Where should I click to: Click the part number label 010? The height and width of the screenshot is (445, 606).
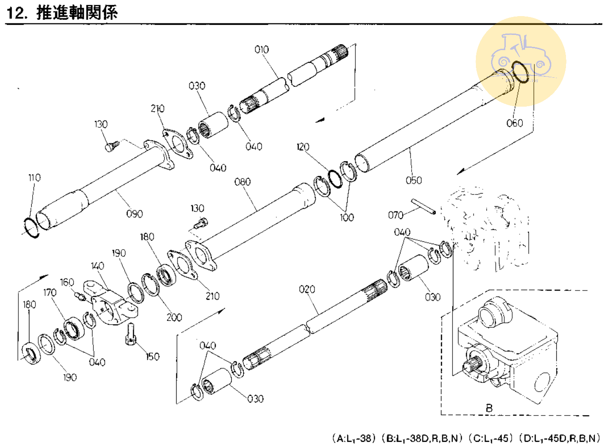coord(262,50)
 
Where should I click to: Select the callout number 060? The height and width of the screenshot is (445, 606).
coord(515,123)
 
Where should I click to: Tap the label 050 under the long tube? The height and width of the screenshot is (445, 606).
coord(413,180)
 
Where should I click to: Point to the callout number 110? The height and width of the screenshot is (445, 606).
coord(34,177)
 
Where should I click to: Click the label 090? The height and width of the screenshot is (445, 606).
coord(134,214)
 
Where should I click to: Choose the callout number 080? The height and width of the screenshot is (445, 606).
coord(242,182)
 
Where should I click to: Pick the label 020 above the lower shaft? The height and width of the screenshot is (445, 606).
coord(307,289)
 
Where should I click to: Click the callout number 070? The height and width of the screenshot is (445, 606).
coord(395,215)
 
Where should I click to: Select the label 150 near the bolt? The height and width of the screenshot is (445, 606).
coord(152,356)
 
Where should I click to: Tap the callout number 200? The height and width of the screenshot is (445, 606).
coord(174,317)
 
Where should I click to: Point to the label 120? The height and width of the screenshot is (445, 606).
coord(303,147)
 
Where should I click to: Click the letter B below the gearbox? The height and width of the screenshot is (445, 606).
coord(489,408)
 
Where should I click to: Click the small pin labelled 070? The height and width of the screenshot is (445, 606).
coord(423,206)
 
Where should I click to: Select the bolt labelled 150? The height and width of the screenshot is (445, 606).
coord(130,333)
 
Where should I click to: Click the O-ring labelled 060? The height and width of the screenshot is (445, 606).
coord(520,73)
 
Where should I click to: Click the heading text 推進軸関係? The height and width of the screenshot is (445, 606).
coord(77,12)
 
